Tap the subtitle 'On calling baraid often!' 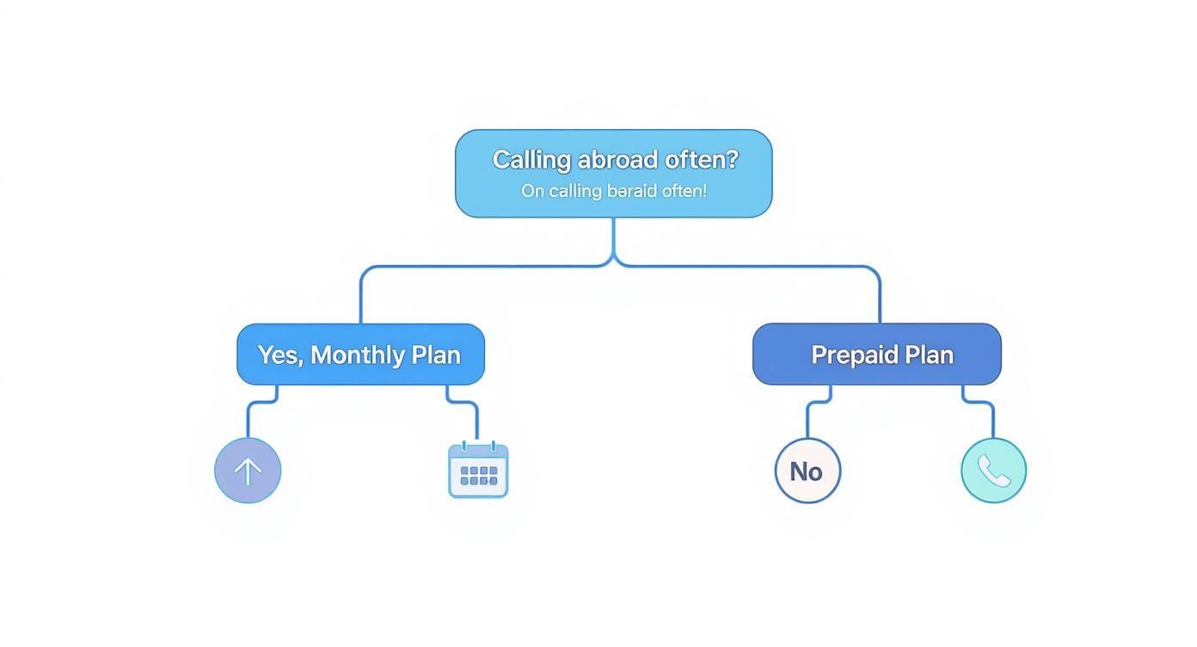pos(613,191)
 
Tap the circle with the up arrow pos(248,471)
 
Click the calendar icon pos(478,471)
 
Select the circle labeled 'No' pos(807,471)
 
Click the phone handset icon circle pos(993,471)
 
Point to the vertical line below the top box pos(614,237)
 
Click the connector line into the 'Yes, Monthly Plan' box pos(361,297)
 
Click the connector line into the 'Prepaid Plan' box pos(880,297)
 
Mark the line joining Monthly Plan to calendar pos(477,422)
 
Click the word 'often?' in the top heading pos(702,160)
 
